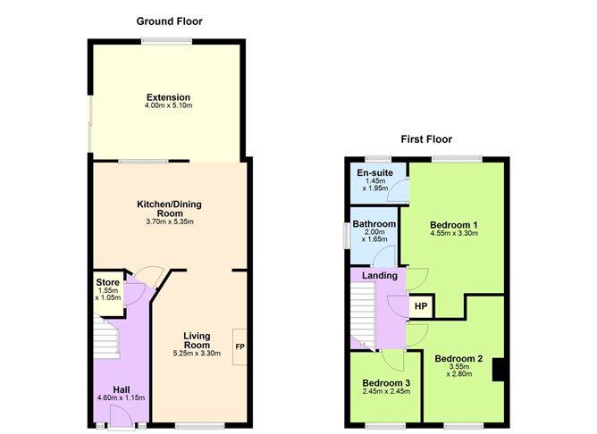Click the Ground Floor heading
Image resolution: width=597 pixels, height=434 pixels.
coord(170,21)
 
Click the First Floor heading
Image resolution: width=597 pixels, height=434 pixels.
coord(426,139)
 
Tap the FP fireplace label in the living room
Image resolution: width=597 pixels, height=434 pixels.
coord(240,346)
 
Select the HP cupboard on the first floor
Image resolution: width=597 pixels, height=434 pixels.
coord(421,306)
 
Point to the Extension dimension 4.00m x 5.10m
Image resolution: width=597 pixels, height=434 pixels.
coord(168,105)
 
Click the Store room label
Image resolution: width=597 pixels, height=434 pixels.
coord(108,282)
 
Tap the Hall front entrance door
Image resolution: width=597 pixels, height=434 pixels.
coord(121,416)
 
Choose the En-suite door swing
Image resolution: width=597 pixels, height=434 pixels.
coord(399,189)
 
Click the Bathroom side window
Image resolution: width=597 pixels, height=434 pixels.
coord(347,236)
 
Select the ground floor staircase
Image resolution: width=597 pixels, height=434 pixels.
coord(106,338)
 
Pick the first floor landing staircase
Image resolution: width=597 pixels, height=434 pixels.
coord(363,316)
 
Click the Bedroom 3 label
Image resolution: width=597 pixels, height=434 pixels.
coord(386,383)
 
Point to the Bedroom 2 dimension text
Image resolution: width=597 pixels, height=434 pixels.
coord(458,370)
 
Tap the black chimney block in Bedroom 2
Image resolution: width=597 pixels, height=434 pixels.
coord(499,370)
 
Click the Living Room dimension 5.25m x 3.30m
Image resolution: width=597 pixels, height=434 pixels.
coord(197,354)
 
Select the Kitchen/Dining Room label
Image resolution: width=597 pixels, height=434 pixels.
coord(170,209)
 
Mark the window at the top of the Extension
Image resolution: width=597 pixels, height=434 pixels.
coord(167,41)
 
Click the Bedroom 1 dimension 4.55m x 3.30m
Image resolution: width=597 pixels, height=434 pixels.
coord(454,233)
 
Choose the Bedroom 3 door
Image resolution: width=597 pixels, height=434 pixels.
coord(393,360)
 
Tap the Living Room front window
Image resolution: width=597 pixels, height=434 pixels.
coord(199,425)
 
